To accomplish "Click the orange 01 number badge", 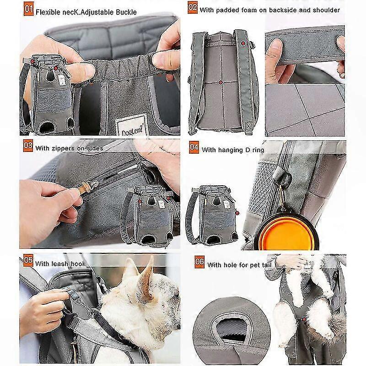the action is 28,9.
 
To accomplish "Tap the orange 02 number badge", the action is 193,7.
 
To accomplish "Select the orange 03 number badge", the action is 28,145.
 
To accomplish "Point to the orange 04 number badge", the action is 194,147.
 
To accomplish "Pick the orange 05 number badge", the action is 28,260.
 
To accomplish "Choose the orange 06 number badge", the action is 199,262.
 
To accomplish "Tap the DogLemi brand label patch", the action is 132,125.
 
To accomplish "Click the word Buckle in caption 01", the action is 126,12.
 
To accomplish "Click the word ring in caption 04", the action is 258,150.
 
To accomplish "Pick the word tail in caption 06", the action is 266,265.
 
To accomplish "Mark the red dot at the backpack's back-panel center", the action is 221,82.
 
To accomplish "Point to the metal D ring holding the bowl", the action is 285,178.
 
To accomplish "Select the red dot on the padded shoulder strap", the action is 243,43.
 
